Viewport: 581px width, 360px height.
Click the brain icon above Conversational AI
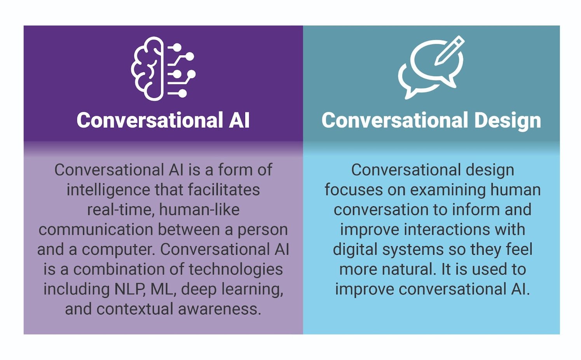click(x=148, y=69)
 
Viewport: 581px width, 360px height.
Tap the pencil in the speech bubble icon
click(x=450, y=50)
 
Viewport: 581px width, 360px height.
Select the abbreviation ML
click(x=162, y=289)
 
